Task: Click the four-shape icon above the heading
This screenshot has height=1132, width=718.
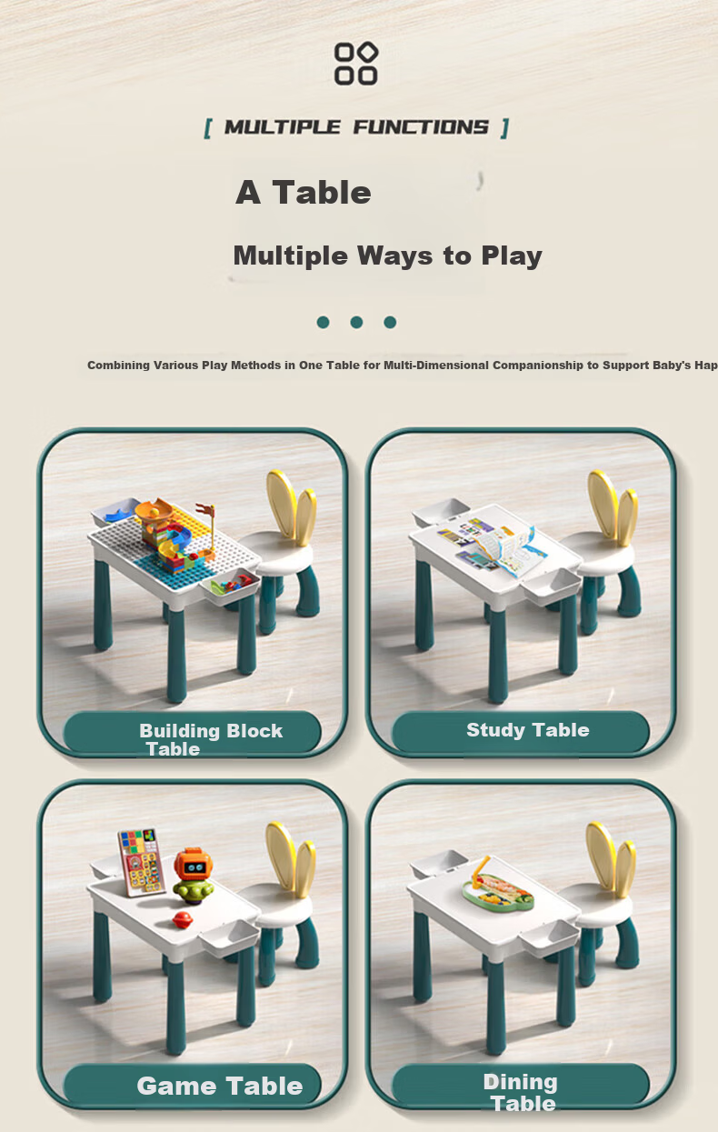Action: [356, 64]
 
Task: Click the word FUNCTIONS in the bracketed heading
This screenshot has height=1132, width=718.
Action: [421, 127]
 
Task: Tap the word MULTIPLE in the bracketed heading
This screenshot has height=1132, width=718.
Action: [282, 127]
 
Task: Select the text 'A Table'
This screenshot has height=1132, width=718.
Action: [304, 193]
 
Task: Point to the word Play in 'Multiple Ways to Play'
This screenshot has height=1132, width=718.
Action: [512, 256]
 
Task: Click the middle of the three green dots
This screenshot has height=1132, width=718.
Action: [356, 323]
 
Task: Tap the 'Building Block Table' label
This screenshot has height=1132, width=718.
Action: [211, 739]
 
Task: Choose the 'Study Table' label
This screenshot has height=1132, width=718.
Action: [527, 730]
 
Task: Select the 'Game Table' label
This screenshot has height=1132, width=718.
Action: [219, 1086]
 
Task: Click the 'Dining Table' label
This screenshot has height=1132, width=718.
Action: [521, 1093]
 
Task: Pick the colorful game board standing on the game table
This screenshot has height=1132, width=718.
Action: [142, 862]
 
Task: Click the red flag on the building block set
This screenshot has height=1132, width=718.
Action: [205, 509]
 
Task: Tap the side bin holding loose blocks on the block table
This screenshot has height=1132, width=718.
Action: [231, 586]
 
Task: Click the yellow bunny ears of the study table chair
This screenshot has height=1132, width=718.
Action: [613, 508]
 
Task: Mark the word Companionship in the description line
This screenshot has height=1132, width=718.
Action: [538, 366]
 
